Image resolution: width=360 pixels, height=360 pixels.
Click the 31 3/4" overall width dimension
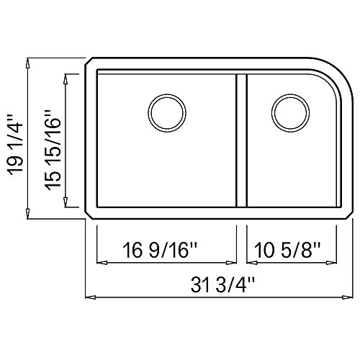(x=222, y=285)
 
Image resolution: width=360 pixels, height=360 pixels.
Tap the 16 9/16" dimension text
(x=160, y=250)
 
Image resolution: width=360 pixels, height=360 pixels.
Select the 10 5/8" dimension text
(x=287, y=250)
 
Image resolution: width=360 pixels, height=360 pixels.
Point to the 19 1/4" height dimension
(x=15, y=143)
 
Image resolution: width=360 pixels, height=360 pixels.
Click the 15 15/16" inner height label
(x=53, y=150)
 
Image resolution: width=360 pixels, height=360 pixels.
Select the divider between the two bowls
(x=241, y=140)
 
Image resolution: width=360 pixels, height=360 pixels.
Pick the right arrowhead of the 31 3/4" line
(x=348, y=297)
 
